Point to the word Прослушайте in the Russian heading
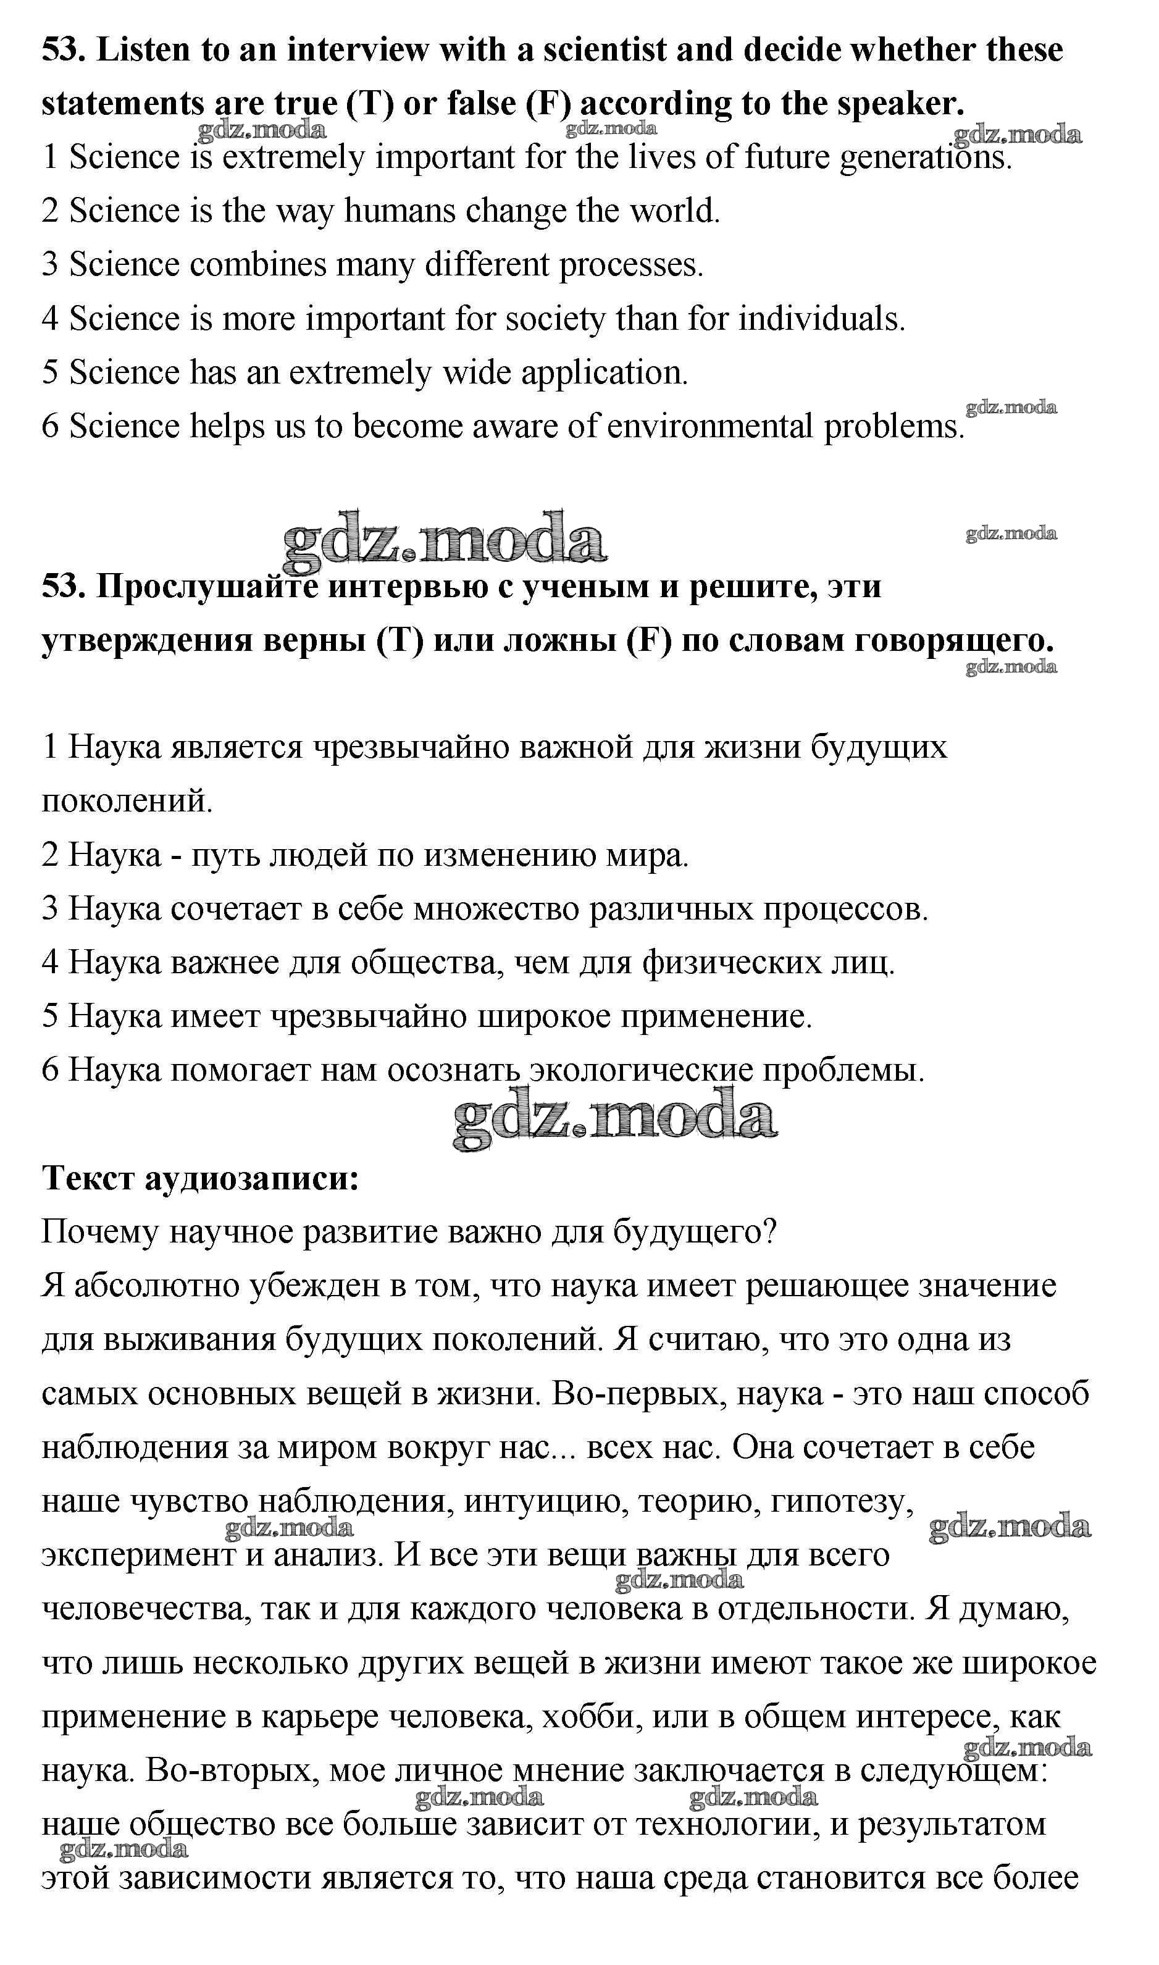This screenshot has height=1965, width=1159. click(206, 586)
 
